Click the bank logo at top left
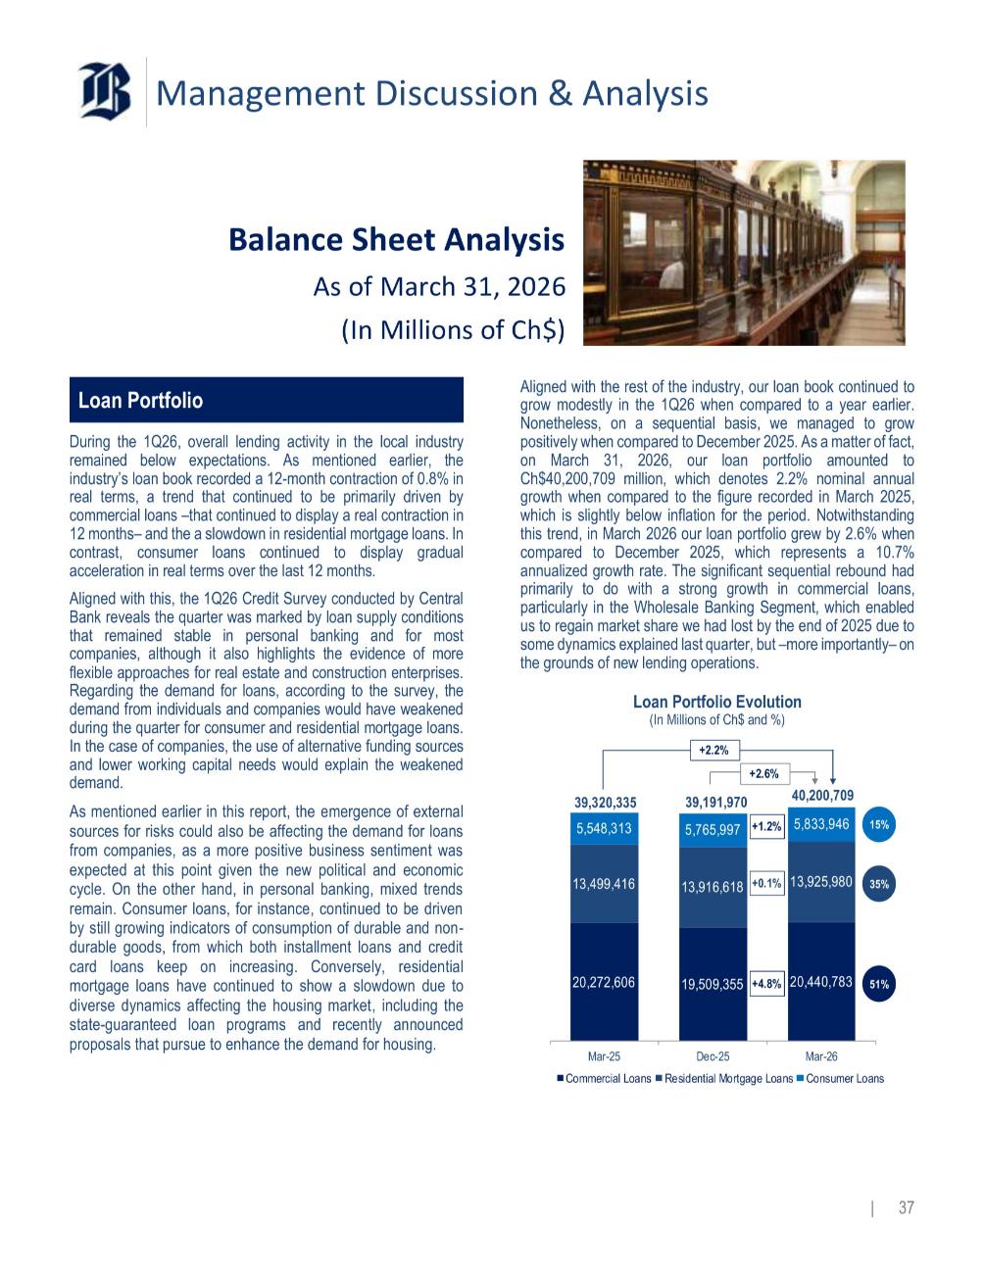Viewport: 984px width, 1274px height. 106,91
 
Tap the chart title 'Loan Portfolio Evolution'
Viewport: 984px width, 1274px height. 716,702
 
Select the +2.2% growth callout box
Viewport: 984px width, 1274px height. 713,750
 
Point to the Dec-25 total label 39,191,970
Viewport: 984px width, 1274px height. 715,802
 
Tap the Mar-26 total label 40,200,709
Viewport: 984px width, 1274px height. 822,795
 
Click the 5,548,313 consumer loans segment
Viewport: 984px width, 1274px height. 605,828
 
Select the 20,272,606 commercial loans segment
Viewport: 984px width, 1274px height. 605,981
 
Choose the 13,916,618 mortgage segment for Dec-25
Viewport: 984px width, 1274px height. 713,888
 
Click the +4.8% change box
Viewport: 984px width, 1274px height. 766,984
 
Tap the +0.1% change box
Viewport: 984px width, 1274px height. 766,884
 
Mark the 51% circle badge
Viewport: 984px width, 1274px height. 879,984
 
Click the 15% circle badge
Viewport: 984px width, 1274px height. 879,825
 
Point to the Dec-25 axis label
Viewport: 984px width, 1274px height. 713,1056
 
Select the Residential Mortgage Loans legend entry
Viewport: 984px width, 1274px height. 724,1079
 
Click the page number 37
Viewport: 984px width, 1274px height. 906,1207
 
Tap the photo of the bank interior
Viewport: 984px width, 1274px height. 744,252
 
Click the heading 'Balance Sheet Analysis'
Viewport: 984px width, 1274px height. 396,239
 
